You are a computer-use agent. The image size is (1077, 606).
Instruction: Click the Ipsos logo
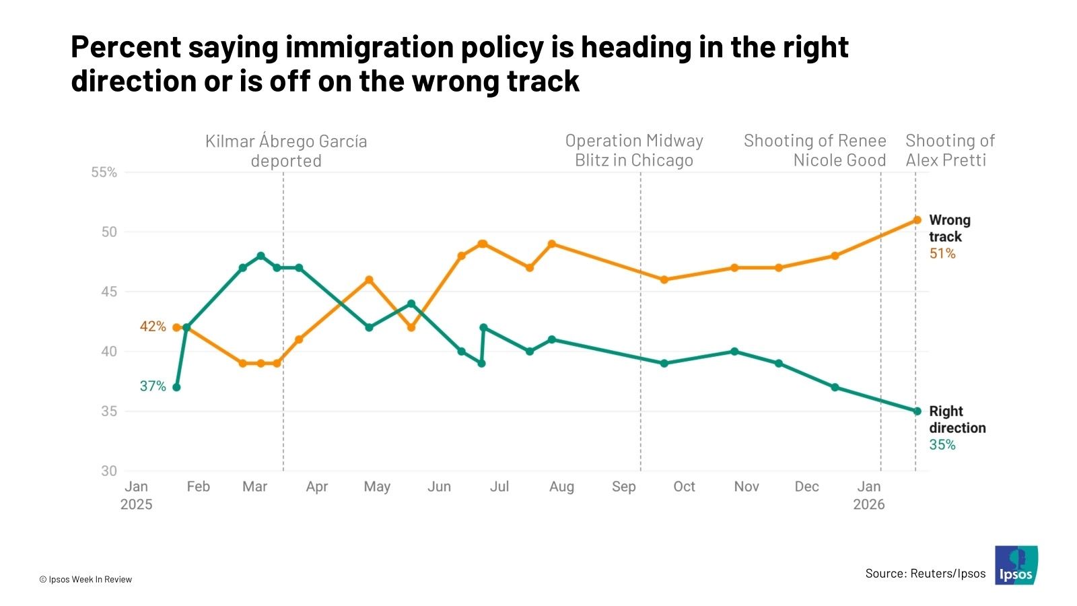tap(1016, 566)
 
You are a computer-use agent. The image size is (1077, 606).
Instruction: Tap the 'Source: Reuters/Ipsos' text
tap(925, 574)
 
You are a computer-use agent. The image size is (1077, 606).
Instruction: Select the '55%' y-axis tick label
tap(104, 172)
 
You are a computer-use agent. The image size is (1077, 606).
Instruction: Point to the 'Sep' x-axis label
tap(623, 487)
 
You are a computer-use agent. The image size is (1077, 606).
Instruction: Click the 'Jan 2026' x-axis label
tap(868, 495)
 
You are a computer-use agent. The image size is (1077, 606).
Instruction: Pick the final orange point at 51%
tap(917, 220)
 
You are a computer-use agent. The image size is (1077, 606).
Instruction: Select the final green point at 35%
tap(917, 411)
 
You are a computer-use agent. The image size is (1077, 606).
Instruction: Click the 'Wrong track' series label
tap(949, 228)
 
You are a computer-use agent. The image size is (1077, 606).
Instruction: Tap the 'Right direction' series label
tap(957, 419)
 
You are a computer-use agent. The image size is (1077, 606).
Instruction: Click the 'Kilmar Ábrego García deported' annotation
tap(286, 151)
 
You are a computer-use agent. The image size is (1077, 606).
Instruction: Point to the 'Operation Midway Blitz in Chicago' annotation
tap(634, 150)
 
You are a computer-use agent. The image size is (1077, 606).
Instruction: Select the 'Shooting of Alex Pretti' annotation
tap(949, 150)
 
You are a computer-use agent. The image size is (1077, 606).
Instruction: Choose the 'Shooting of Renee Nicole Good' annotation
tap(815, 150)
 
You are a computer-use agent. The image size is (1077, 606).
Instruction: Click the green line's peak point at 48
tap(260, 256)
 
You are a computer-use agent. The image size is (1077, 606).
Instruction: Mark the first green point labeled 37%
tap(176, 387)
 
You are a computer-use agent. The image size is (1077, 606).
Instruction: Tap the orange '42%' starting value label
tap(153, 327)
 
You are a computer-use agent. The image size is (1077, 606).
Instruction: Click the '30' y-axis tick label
tap(109, 471)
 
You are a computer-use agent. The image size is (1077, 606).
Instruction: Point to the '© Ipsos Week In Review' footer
tap(85, 579)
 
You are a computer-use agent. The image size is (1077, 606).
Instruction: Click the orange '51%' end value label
tap(942, 254)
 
